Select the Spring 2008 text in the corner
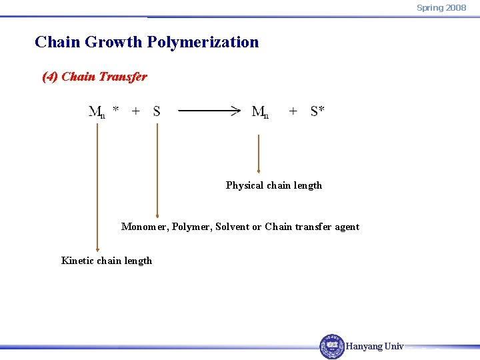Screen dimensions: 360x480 (441, 7)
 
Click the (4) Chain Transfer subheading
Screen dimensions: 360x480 (94, 77)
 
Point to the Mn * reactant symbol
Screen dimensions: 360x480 (103, 111)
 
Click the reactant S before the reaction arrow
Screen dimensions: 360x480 (157, 111)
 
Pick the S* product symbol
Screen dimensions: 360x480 (317, 111)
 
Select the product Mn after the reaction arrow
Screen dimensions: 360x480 (260, 111)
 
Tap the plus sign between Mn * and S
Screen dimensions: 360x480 (136, 111)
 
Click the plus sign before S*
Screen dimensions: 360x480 (293, 111)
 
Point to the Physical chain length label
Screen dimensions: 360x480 (273, 185)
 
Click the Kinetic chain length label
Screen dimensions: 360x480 (106, 261)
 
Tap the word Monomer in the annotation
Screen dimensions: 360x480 (143, 227)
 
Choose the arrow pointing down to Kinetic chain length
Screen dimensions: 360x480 (98, 187)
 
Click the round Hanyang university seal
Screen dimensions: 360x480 (332, 346)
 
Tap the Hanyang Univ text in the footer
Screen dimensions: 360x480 (375, 346)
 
